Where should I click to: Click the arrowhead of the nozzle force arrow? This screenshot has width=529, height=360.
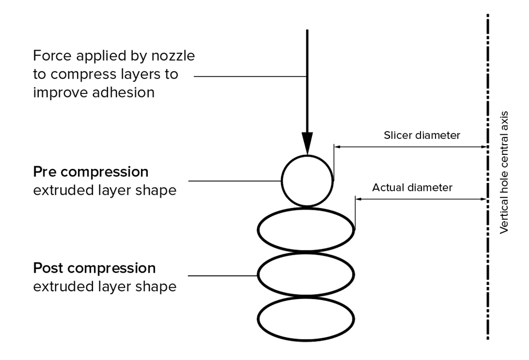307,144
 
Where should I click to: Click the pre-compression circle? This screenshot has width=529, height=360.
307,180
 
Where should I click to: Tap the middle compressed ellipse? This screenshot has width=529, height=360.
306,275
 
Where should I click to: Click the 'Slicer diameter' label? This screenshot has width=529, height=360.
422,136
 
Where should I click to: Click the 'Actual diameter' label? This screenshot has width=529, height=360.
412,187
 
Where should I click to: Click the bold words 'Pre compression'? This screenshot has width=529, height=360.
90,171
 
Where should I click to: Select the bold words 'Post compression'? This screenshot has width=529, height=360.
94,269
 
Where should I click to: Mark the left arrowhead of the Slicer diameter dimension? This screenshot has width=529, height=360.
338,147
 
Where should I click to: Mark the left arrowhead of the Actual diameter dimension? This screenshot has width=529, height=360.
359,199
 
